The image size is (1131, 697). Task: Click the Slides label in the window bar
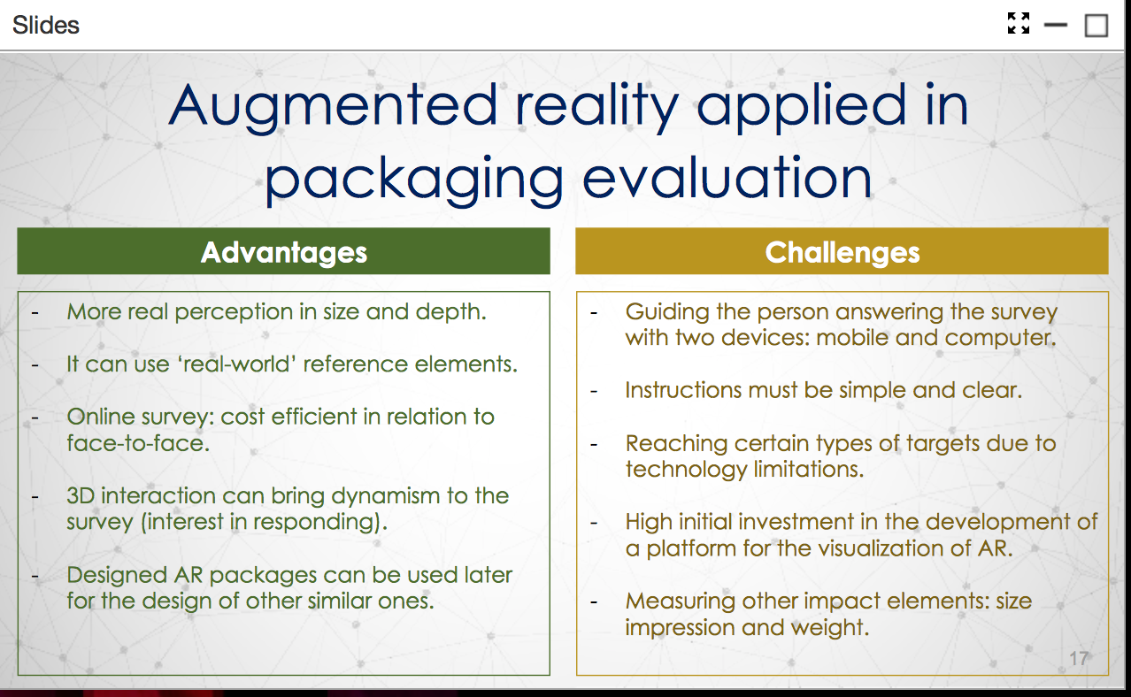46,25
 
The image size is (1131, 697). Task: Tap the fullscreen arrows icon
1019,23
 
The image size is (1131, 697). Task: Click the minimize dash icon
1055,24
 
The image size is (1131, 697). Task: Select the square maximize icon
1096,25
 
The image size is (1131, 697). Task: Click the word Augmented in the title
334,105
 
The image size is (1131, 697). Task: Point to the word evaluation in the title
727,177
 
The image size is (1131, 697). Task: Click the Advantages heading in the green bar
284,252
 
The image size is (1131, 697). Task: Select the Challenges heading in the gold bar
842,252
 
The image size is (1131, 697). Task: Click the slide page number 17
1079,658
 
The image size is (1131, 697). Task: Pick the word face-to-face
138,443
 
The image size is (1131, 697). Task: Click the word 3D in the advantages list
81,495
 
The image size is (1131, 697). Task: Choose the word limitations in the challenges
808,470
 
